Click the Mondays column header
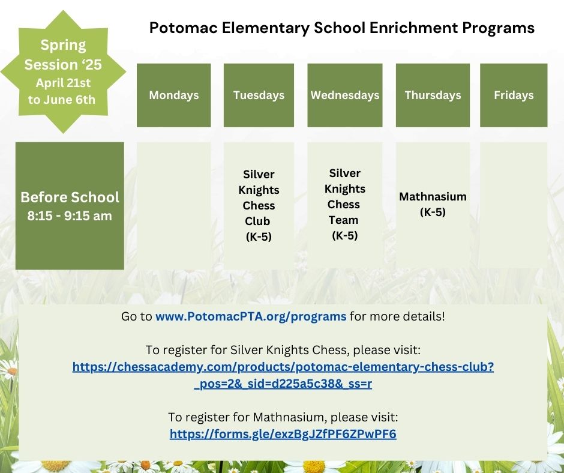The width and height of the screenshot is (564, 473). (x=173, y=95)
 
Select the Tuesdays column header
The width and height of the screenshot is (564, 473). (x=259, y=95)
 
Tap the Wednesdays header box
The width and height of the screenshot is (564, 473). (x=344, y=95)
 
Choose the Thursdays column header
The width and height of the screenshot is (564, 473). (x=433, y=95)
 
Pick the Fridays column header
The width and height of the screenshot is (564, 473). (x=514, y=95)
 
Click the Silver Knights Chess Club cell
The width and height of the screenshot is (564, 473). (x=259, y=205)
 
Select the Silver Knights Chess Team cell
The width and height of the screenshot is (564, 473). (x=344, y=204)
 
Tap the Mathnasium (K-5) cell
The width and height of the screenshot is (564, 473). (x=433, y=204)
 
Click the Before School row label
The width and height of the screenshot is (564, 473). (x=70, y=197)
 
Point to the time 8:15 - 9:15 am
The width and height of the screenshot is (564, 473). (x=70, y=216)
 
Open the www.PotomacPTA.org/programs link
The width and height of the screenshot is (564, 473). (x=251, y=316)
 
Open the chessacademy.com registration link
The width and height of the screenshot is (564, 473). (x=283, y=375)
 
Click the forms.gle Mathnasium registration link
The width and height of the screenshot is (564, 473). (x=283, y=434)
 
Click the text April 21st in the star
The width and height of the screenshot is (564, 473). (x=63, y=83)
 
